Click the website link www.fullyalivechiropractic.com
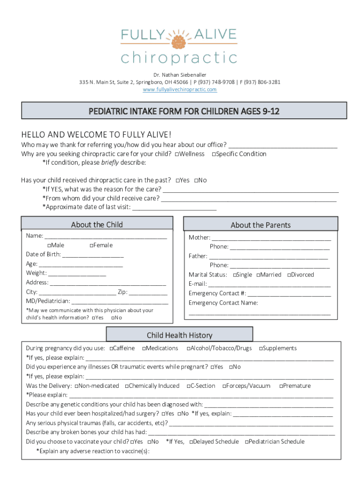180,89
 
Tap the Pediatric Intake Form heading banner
184,111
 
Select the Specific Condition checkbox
214,154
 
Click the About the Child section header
97,225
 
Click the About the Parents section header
260,225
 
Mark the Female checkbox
91,246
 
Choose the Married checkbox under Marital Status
258,275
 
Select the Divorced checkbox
289,275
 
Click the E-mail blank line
269,284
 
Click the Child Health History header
180,335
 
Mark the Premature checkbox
281,386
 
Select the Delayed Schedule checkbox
191,442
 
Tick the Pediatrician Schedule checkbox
247,442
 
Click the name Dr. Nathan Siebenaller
180,75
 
